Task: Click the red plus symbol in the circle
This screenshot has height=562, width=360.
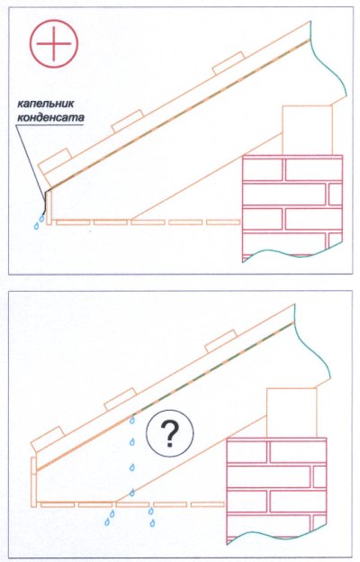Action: click(x=54, y=43)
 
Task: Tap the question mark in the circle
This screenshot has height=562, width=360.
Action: click(x=169, y=433)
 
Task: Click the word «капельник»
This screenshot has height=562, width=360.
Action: click(x=46, y=104)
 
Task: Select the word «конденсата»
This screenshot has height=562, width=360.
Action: click(x=51, y=117)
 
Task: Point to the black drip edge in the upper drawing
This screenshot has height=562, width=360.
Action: click(x=46, y=202)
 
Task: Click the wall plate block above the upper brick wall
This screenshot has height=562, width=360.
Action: click(x=307, y=130)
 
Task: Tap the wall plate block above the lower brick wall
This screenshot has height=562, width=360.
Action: click(x=292, y=412)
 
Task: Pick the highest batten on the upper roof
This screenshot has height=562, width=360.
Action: click(x=229, y=63)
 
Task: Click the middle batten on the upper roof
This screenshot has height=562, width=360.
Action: click(x=128, y=122)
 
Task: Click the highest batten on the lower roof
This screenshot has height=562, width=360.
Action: click(x=220, y=341)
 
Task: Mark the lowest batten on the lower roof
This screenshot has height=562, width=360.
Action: click(x=48, y=440)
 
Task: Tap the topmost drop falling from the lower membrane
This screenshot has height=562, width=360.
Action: click(x=132, y=420)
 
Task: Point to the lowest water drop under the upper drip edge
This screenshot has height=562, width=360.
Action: click(x=36, y=226)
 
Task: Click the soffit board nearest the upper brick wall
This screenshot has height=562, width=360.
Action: click(x=223, y=222)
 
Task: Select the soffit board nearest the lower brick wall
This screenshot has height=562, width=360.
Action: click(x=207, y=504)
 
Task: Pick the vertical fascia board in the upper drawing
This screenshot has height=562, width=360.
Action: click(x=49, y=207)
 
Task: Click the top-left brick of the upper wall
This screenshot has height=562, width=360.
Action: click(x=264, y=169)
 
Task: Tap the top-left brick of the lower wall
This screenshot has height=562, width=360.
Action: click(x=247, y=451)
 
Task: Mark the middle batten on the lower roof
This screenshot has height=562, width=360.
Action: click(x=121, y=399)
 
